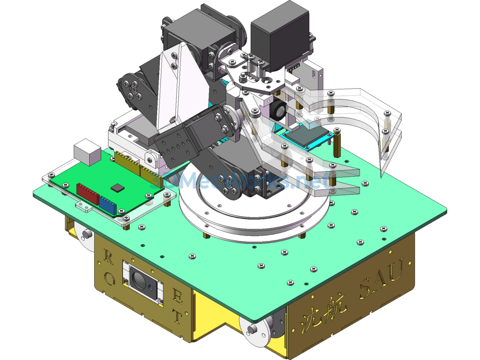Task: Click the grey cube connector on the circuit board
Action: pyautogui.click(x=87, y=151)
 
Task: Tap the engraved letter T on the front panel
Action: pyautogui.click(x=177, y=316)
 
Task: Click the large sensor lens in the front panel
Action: pyautogui.click(x=140, y=280)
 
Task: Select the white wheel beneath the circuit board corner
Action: pyautogui.click(x=85, y=234)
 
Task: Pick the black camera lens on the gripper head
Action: pyautogui.click(x=278, y=111)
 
